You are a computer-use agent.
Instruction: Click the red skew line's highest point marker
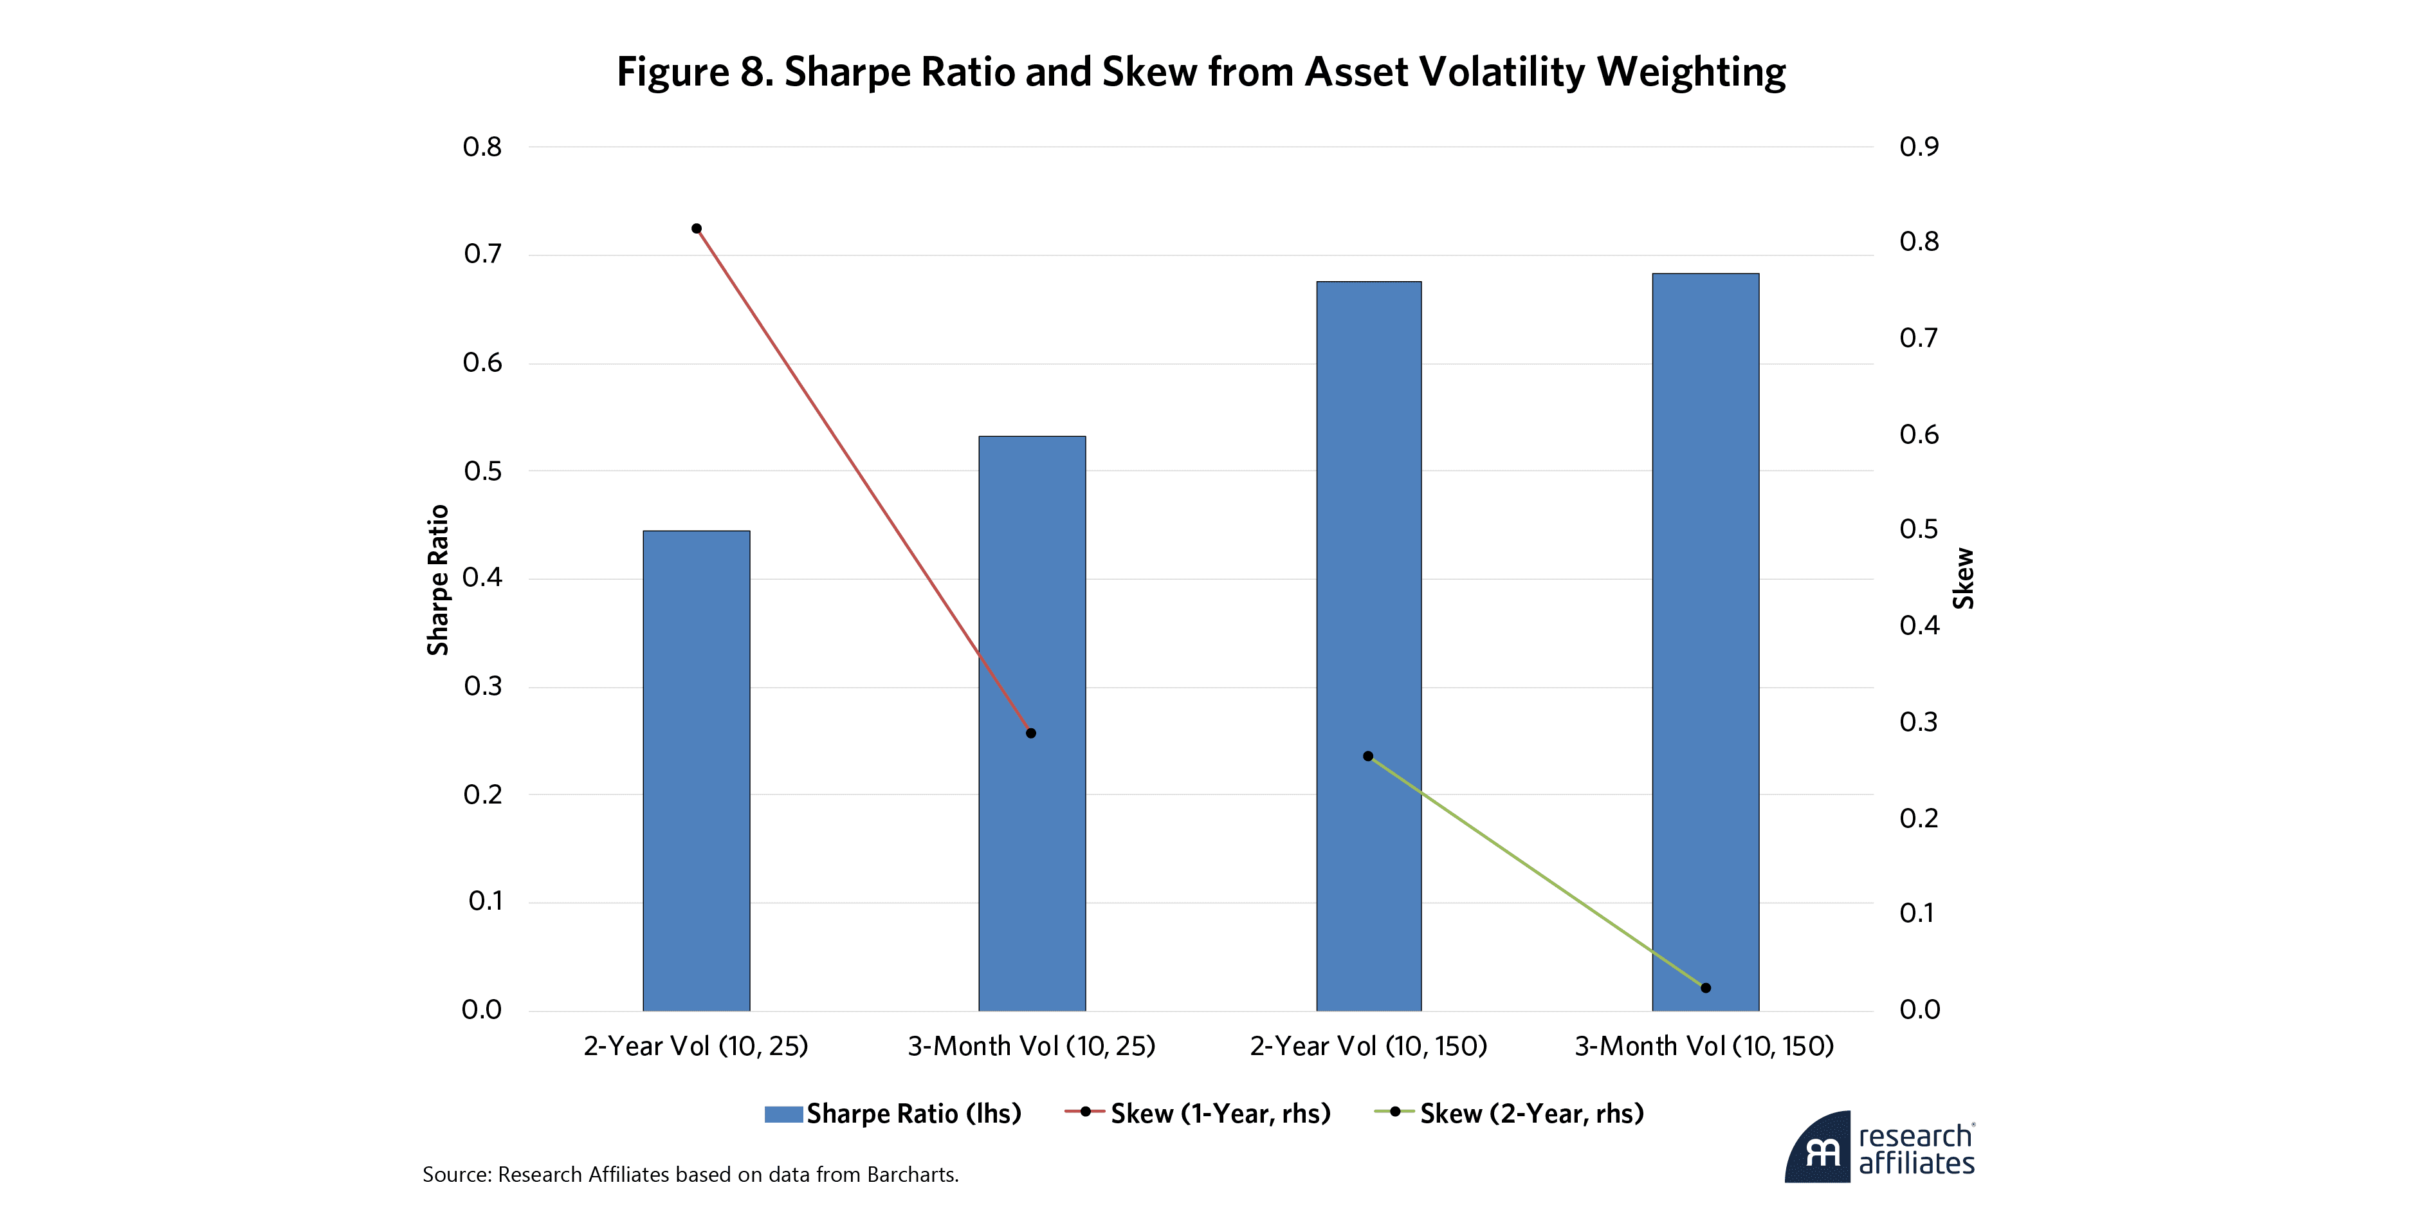697,228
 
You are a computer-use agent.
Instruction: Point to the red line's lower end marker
1031,733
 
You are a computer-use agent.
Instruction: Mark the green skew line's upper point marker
1368,756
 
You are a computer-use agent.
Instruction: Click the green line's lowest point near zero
1705,988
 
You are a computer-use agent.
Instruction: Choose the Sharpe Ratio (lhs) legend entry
893,1114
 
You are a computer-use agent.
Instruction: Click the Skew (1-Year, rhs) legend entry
1198,1114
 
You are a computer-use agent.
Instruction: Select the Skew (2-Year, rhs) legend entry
1510,1114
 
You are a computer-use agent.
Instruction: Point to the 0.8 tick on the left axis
482,147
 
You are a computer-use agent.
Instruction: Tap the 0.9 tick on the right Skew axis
1919,147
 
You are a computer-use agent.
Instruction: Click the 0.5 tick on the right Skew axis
1919,530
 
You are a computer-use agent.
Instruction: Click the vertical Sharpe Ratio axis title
438,580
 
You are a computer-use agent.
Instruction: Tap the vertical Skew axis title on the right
1964,580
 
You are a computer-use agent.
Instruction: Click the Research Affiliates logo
1879,1148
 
